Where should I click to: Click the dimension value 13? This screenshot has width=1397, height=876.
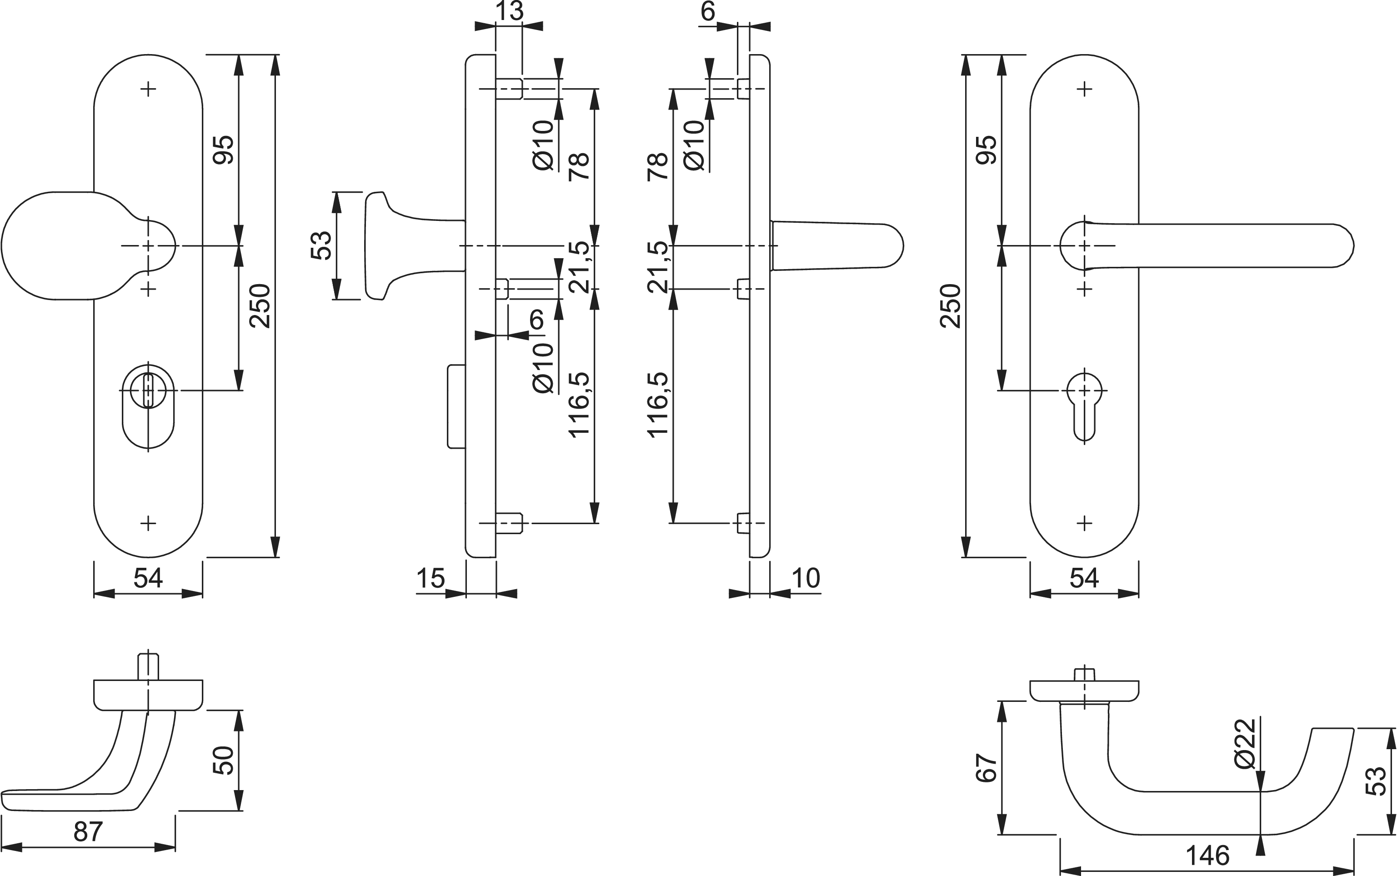(x=509, y=11)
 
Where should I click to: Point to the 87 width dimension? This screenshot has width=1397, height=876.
(x=89, y=832)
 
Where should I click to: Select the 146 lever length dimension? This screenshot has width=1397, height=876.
(x=1207, y=855)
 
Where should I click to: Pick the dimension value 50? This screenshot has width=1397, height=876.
(x=224, y=760)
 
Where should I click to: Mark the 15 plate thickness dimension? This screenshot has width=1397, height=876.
(x=430, y=578)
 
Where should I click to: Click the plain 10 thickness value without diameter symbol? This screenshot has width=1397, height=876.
(x=806, y=578)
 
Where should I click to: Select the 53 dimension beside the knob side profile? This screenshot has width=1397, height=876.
(x=322, y=245)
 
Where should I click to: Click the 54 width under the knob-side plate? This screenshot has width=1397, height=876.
(x=148, y=578)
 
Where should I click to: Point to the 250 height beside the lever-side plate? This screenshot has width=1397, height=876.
(x=952, y=306)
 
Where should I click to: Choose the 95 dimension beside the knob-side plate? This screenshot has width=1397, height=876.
(x=224, y=150)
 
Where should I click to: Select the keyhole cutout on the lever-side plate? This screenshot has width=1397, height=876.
(x=1084, y=405)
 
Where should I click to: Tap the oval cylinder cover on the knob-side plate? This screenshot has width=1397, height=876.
(x=148, y=405)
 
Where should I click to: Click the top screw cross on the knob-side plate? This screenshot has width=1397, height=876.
(x=148, y=89)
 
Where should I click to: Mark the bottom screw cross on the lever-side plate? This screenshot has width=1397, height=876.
(x=1084, y=523)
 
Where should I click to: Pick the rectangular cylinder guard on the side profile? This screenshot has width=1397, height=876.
(x=456, y=406)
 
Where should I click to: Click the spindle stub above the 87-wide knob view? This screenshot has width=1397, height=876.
(x=148, y=666)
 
